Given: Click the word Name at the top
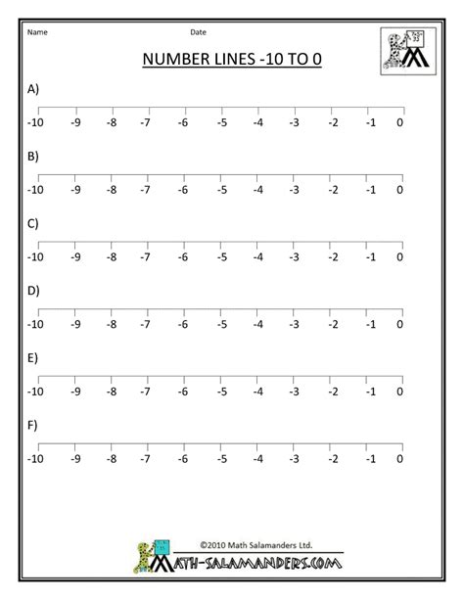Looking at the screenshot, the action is point(37,32).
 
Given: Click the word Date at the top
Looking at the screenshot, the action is point(198,32).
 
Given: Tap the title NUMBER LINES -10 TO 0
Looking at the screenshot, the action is point(232,60).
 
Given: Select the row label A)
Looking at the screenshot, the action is point(33,89).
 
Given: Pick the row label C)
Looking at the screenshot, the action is point(33,223).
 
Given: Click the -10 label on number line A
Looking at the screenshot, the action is point(36,122).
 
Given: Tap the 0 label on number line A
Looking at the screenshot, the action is point(399,122).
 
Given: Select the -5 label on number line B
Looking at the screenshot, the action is point(222,190).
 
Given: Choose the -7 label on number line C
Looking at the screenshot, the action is point(145,256).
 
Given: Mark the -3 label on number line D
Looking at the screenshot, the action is point(294,324).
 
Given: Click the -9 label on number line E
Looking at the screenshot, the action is point(75,391).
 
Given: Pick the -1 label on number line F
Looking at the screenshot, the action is point(370,457).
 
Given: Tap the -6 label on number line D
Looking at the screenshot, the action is point(182,324).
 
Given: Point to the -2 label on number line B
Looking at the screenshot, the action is point(334,190).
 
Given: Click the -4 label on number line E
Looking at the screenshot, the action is point(257,391).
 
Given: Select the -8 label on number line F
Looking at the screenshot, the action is point(112,457).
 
